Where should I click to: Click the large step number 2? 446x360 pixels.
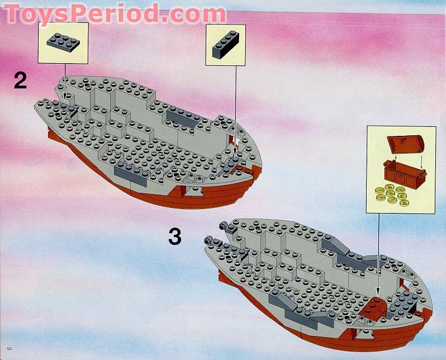coord(20,82)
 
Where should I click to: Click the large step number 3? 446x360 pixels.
coord(175,237)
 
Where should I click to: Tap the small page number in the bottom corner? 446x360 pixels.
coord(7,350)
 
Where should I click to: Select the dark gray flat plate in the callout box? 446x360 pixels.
coord(64,41)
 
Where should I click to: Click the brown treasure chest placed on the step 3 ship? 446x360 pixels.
coord(373,307)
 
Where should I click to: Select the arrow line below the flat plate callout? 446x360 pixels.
coord(65,78)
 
